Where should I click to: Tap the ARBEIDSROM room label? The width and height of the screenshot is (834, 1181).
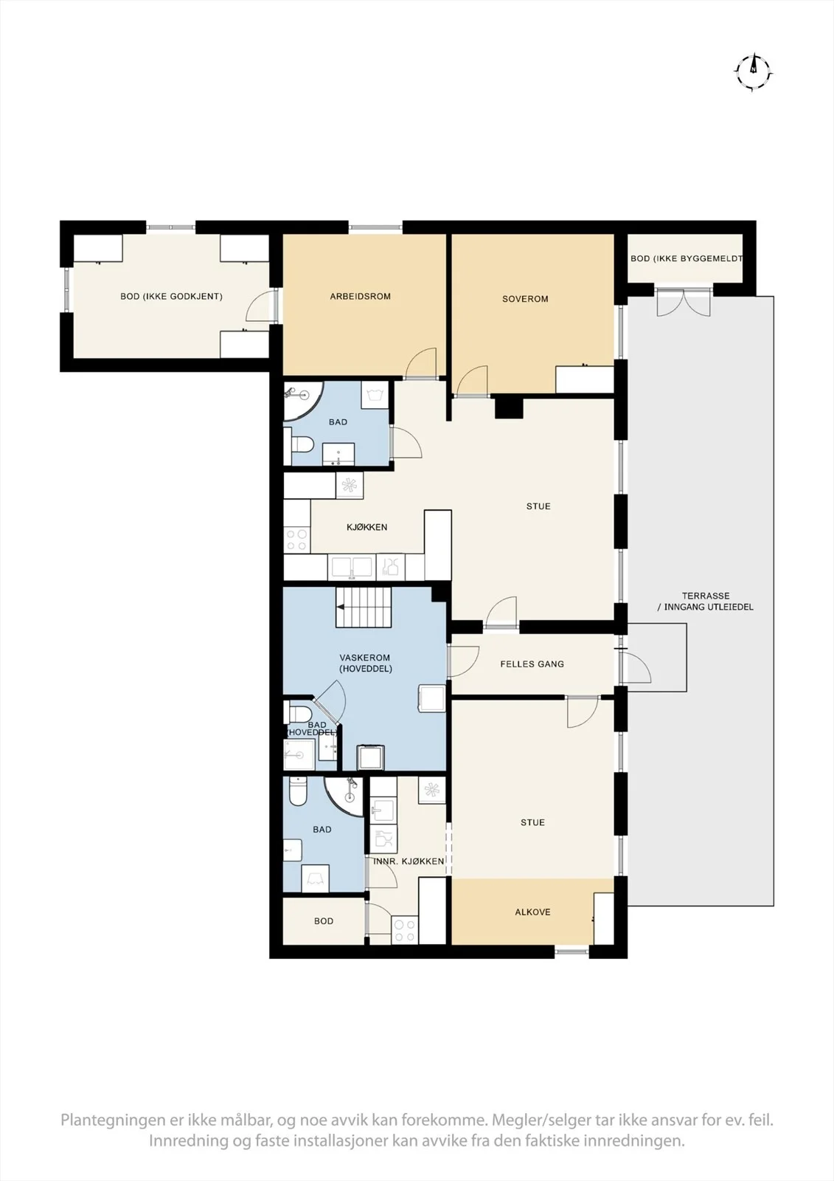(361, 296)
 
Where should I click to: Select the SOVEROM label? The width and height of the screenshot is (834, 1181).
(525, 299)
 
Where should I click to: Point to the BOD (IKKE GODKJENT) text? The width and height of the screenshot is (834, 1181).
(171, 296)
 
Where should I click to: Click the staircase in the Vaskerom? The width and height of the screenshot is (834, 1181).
(364, 607)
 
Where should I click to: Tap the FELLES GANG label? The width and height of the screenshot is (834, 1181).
(532, 664)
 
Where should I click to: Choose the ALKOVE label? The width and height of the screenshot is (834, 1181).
(532, 912)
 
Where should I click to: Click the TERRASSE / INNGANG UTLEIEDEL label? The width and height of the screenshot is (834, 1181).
(706, 601)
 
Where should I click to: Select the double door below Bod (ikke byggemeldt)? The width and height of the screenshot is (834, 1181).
(684, 302)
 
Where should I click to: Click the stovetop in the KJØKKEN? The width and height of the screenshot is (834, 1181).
(297, 540)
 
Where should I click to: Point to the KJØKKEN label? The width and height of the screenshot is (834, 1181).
(367, 527)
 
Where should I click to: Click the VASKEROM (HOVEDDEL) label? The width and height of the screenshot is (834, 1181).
(365, 664)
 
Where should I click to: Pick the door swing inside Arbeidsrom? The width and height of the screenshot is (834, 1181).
(422, 362)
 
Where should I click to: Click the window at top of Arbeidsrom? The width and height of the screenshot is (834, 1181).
(375, 228)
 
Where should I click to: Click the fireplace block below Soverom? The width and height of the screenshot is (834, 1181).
(508, 407)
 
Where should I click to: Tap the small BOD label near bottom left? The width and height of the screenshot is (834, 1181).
(324, 921)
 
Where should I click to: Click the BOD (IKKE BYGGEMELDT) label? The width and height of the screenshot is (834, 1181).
(687, 259)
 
